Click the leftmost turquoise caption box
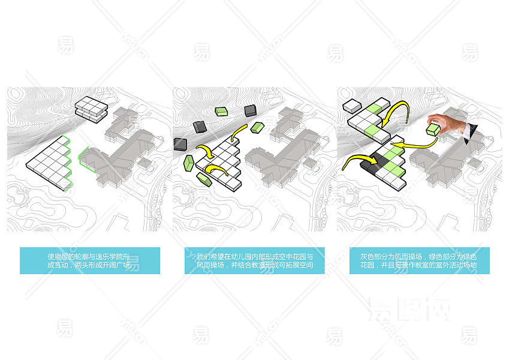click(90, 260)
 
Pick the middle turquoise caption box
click(255, 260)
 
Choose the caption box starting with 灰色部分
click(419, 260)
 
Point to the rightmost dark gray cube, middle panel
click(250, 110)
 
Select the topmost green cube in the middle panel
click(222, 110)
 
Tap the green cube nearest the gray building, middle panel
click(258, 127)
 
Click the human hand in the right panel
click(450, 125)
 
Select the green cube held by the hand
click(432, 130)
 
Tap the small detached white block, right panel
click(350, 107)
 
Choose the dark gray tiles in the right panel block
click(381, 164)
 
